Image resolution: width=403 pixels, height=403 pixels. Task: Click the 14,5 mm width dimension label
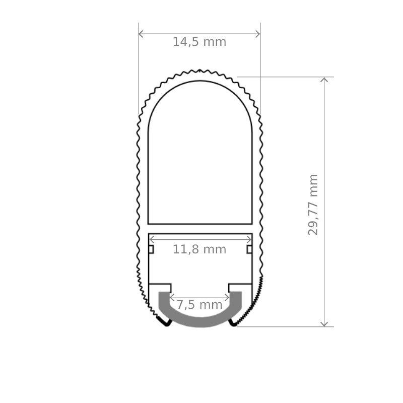199,42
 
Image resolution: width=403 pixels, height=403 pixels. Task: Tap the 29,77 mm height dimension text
313,204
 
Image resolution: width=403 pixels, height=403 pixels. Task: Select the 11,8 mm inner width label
199,249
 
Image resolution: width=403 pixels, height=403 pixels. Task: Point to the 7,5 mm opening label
199,305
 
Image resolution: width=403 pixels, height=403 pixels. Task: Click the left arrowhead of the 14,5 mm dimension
141,34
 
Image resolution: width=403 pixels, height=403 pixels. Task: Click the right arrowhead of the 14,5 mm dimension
258,34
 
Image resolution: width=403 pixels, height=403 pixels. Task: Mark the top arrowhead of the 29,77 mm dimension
324,80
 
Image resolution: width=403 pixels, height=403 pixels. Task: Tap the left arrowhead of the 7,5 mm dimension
171,297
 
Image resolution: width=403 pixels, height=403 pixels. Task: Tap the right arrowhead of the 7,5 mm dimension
228,297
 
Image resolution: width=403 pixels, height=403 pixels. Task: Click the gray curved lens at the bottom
199,320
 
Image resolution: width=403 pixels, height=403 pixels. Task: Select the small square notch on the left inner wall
151,249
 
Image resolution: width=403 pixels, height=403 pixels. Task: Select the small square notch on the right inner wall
249,249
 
